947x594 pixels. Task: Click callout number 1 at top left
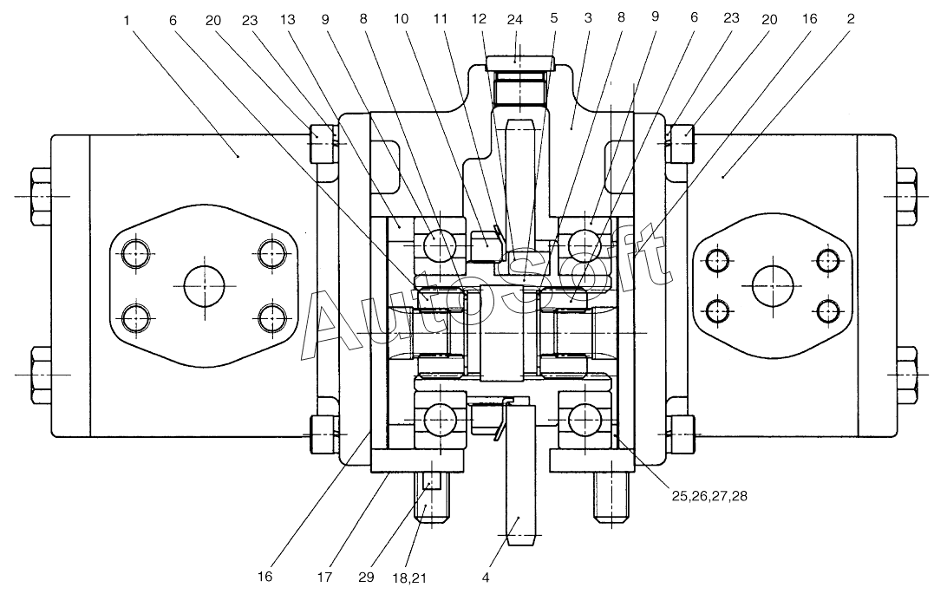pos(127,21)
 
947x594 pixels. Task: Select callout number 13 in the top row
pos(288,19)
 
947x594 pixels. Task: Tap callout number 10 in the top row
pos(401,19)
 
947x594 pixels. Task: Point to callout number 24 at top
pos(514,20)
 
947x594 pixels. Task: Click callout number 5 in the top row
pos(554,19)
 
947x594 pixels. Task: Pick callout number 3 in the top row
pos(588,19)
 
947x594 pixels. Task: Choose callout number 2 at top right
pos(851,19)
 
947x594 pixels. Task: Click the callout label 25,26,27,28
pos(709,496)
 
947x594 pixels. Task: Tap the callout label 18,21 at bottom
pos(408,578)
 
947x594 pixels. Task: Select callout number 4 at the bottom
pos(486,578)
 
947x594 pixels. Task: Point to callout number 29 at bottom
pos(366,578)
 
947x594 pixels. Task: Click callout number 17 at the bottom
pos(324,578)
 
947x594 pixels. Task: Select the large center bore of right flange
pos(773,285)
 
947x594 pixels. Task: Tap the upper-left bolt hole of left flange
pos(136,253)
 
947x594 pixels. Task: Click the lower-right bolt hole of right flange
pos(828,311)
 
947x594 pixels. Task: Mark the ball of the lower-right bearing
pos(583,417)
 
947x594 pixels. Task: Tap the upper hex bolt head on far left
pos(41,197)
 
